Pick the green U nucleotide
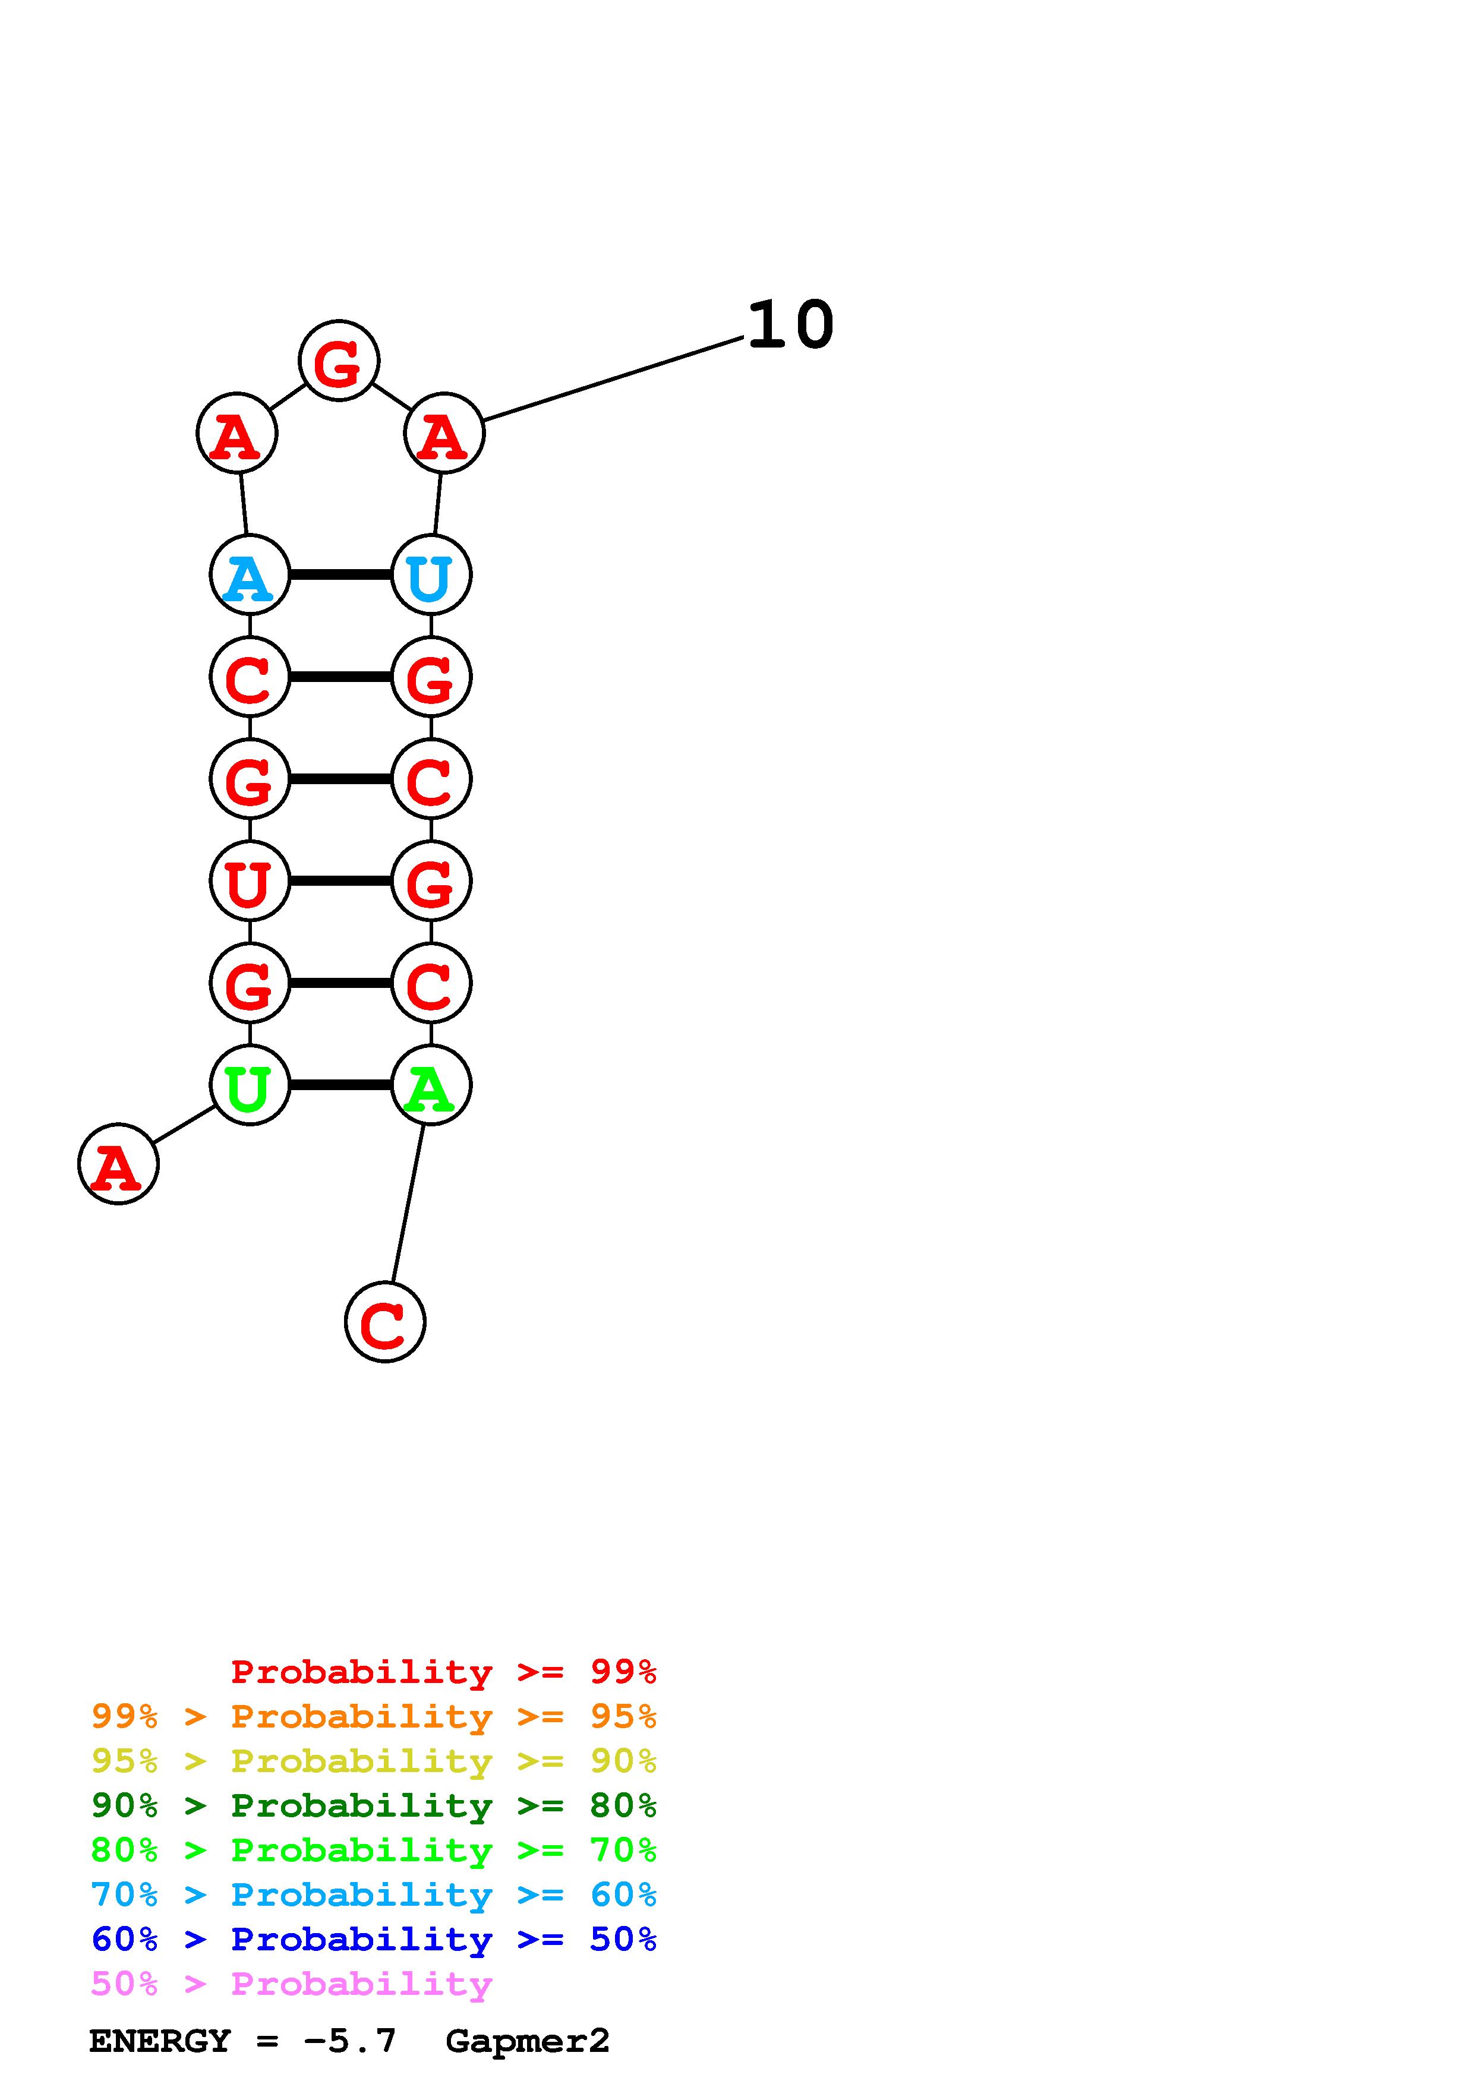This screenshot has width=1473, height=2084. [x=250, y=1085]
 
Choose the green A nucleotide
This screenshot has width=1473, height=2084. [x=431, y=1085]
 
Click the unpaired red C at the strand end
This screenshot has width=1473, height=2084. [x=385, y=1322]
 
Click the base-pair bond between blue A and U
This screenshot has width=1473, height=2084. [x=340, y=574]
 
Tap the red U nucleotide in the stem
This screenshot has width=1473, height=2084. [x=250, y=880]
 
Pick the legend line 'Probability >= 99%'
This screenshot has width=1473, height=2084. [x=443, y=1671]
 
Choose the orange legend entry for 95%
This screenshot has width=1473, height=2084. [x=373, y=1716]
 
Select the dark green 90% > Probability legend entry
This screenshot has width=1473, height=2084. [x=373, y=1805]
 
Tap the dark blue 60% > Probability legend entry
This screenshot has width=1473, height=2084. [x=373, y=1939]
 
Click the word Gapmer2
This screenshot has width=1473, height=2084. [x=527, y=2041]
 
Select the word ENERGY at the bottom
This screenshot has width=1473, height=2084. [x=160, y=2041]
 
